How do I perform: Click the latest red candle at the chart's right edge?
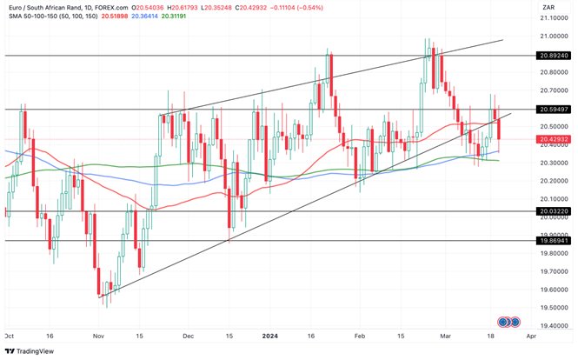(x=499, y=130)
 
